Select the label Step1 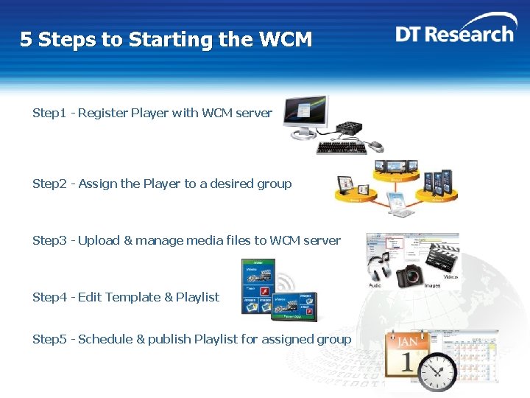[x=49, y=113]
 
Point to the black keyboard [x=341, y=148]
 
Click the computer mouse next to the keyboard [x=375, y=144]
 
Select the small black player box [x=346, y=129]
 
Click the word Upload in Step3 [x=96, y=240]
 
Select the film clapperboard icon [x=442, y=258]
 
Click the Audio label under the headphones [x=375, y=285]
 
